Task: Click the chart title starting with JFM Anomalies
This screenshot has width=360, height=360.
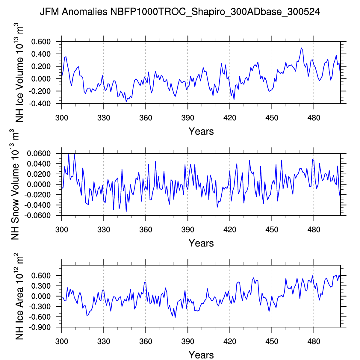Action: tap(180, 12)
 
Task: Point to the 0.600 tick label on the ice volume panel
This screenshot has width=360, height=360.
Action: tap(42, 42)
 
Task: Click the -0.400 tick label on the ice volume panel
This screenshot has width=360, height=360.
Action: tap(41, 104)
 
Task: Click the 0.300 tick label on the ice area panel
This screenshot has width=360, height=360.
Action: tap(42, 286)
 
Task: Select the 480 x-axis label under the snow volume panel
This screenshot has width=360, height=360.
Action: tap(314, 230)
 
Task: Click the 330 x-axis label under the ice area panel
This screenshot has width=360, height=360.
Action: tap(104, 341)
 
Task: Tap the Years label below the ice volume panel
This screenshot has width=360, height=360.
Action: tap(201, 131)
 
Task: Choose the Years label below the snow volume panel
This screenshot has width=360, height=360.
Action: tap(201, 243)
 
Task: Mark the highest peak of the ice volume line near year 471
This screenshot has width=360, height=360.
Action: tap(301, 48)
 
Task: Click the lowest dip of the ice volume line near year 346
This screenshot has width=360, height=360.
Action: tap(126, 102)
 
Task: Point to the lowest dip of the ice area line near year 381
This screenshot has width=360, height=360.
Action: tap(175, 317)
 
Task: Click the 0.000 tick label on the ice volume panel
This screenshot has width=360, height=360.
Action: tap(42, 79)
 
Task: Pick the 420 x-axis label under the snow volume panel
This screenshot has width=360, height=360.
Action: tap(230, 230)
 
